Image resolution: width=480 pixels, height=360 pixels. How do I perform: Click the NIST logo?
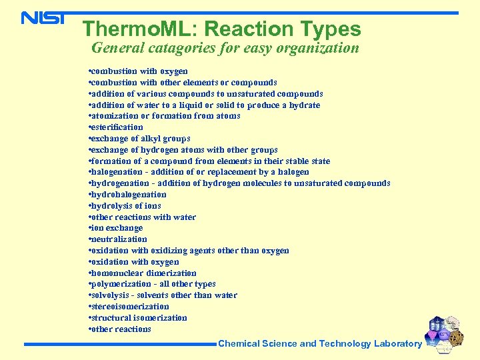tap(43, 17)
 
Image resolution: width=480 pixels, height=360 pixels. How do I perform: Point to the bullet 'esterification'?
tap(116, 127)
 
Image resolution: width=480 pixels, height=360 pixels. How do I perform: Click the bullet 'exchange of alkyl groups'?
tap(139, 139)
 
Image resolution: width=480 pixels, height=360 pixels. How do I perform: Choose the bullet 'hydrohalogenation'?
tap(127, 195)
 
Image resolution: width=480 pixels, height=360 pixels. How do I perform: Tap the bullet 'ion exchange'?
tap(115, 228)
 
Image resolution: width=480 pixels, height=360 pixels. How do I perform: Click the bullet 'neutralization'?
tap(118, 239)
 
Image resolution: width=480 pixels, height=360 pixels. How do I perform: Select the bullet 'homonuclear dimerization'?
tap(142, 273)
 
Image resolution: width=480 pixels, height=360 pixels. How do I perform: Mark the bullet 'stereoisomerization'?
tap(129, 307)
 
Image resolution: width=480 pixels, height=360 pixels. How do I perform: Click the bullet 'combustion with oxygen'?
tap(138, 71)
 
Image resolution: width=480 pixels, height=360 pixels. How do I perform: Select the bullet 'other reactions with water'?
tap(142, 217)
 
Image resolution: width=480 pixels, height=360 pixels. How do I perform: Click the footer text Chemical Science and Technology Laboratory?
tap(320, 344)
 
